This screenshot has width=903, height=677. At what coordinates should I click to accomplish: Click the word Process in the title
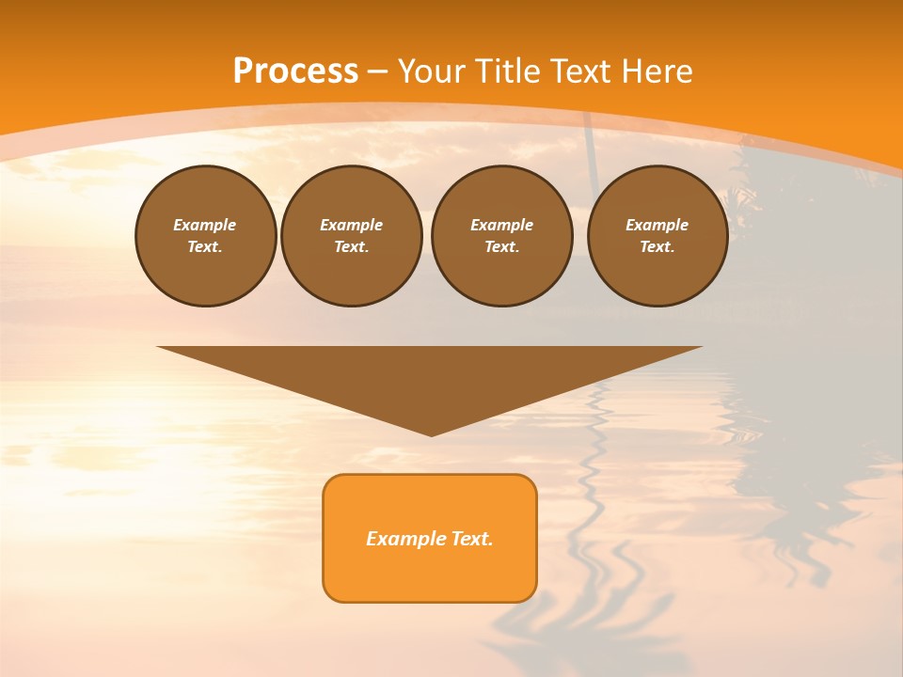point(295,71)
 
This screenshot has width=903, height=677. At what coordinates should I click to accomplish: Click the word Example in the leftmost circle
point(205,225)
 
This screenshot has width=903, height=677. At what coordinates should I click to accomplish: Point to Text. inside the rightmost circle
point(657,246)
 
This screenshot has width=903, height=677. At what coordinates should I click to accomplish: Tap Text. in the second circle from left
point(351,246)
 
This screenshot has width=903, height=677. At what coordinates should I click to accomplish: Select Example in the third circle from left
point(501,225)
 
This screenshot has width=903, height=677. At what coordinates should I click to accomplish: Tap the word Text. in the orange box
point(469,539)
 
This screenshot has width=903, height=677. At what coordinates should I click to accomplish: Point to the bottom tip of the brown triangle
point(431,434)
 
